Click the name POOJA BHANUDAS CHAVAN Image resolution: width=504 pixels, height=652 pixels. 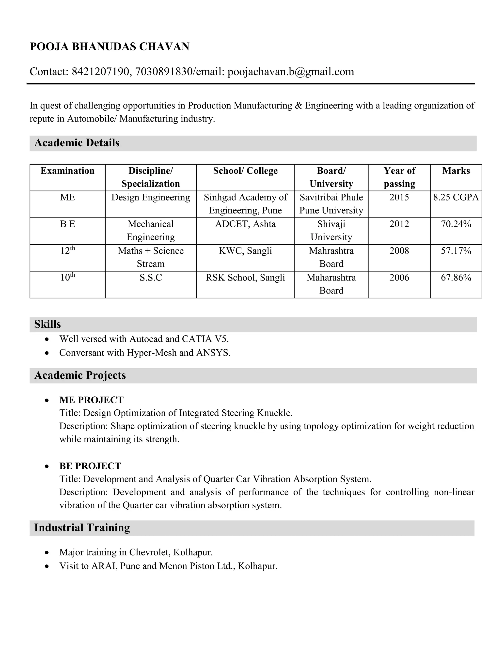[x=109, y=47]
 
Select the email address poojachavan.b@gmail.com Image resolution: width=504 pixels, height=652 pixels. [x=291, y=72]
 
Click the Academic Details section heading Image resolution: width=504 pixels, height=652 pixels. [x=77, y=143]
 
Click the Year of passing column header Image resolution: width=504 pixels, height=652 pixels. [x=399, y=177]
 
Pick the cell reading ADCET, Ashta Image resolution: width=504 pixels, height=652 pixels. [x=245, y=224]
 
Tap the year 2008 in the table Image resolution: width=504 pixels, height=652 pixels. [x=399, y=251]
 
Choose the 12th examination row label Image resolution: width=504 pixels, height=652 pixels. [x=67, y=250]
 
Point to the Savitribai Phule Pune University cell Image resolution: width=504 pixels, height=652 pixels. [x=331, y=204]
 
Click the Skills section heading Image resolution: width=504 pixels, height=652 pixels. [x=47, y=324]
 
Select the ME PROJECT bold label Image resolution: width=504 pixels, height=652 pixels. [x=91, y=400]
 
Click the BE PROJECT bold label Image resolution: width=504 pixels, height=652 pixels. [x=90, y=466]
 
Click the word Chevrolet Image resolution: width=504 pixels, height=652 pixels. [x=149, y=552]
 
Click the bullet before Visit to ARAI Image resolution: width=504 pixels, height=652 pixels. [x=47, y=566]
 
